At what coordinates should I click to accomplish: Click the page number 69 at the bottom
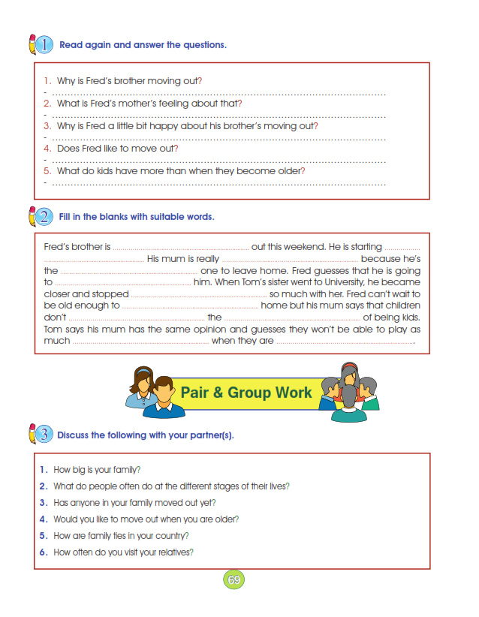[234, 580]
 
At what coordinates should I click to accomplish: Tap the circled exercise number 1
[44, 44]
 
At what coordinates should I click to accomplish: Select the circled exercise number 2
[44, 217]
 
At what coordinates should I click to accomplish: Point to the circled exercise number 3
[44, 434]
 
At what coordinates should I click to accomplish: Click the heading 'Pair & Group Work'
[246, 393]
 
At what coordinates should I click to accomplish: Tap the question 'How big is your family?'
[97, 470]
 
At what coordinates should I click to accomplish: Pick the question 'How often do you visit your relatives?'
[123, 552]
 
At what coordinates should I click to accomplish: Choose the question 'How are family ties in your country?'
[120, 536]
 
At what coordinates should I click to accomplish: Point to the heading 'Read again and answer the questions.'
[143, 45]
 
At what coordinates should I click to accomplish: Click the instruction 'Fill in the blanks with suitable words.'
[136, 217]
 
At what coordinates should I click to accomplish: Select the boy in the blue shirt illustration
[164, 399]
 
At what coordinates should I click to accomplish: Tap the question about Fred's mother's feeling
[149, 103]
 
